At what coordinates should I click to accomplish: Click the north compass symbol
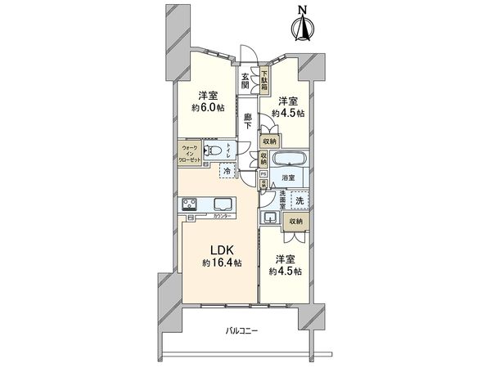302,26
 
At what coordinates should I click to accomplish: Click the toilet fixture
214,150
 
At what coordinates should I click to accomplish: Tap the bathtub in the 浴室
288,159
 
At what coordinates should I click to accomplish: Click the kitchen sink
223,204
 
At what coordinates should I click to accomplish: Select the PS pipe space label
263,173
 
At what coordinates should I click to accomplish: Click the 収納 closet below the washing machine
295,221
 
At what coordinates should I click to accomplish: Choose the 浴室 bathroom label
288,177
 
